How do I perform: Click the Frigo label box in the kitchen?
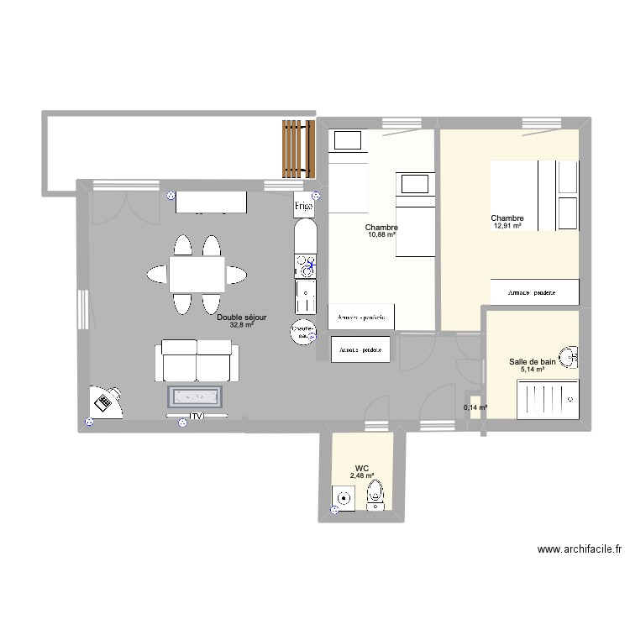click(304, 205)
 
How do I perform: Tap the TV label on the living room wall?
click(197, 416)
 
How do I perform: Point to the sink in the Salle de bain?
click(573, 357)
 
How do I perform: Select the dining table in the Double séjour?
click(197, 273)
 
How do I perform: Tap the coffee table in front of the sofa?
click(197, 396)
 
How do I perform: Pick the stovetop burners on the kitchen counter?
click(304, 265)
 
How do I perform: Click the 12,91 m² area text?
click(507, 226)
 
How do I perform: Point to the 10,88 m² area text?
click(381, 234)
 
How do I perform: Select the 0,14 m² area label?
click(475, 408)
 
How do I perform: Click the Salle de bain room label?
click(533, 362)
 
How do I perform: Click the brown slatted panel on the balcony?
click(292, 148)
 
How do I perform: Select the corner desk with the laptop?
click(104, 402)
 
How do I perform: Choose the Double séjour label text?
click(242, 318)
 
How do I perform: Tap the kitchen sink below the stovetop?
click(304, 297)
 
